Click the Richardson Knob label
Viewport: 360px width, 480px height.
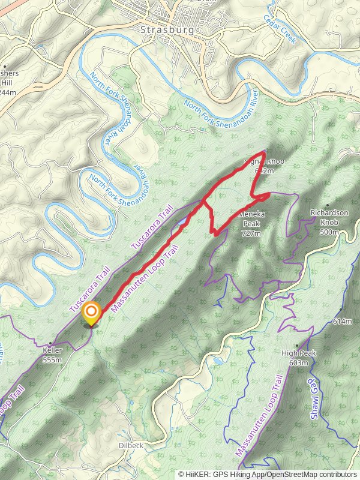(x=329, y=213)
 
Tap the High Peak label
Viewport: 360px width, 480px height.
(x=298, y=353)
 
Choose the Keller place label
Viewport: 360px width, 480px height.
(x=53, y=350)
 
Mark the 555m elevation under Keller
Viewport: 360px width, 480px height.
(x=53, y=360)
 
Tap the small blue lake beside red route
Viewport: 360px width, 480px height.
(x=182, y=224)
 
